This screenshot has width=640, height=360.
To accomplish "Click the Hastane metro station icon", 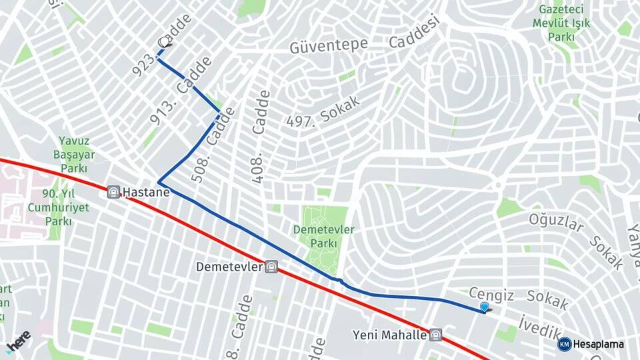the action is [114, 192].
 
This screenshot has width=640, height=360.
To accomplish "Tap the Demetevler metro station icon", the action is [271, 267].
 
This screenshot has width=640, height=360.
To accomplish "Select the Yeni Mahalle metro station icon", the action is [435, 335].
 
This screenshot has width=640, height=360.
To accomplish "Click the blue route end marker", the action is [485, 307].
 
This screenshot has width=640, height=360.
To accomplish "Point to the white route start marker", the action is [164, 42].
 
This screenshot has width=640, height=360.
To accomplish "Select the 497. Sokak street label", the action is [323, 112].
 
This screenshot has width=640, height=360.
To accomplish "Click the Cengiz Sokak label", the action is [519, 299].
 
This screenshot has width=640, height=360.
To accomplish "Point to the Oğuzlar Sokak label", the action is [577, 241].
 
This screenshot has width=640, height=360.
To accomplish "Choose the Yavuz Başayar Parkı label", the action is [74, 155].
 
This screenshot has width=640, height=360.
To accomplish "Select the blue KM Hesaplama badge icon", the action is [565, 344].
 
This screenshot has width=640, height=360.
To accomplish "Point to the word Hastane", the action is [147, 192].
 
